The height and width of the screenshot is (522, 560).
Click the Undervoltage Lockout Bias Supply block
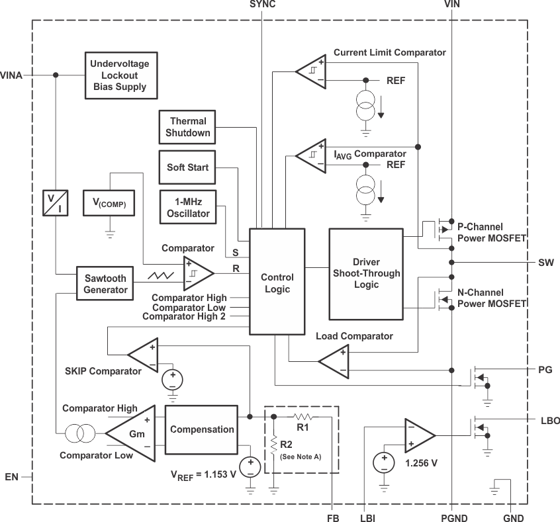[120, 75]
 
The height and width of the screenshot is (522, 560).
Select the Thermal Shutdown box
[188, 127]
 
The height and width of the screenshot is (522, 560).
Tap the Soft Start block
[188, 167]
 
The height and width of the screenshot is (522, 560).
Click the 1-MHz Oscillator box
[189, 206]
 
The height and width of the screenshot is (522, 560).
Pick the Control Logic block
[277, 284]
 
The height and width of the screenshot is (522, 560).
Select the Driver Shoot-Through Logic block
[366, 273]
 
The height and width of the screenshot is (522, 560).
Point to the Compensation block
[202, 429]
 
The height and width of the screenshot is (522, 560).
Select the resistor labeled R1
[303, 417]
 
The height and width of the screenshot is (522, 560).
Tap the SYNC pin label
[263, 5]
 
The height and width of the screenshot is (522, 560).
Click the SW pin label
[545, 262]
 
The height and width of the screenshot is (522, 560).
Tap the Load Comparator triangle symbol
[336, 360]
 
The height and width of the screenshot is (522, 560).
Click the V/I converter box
[50, 202]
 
